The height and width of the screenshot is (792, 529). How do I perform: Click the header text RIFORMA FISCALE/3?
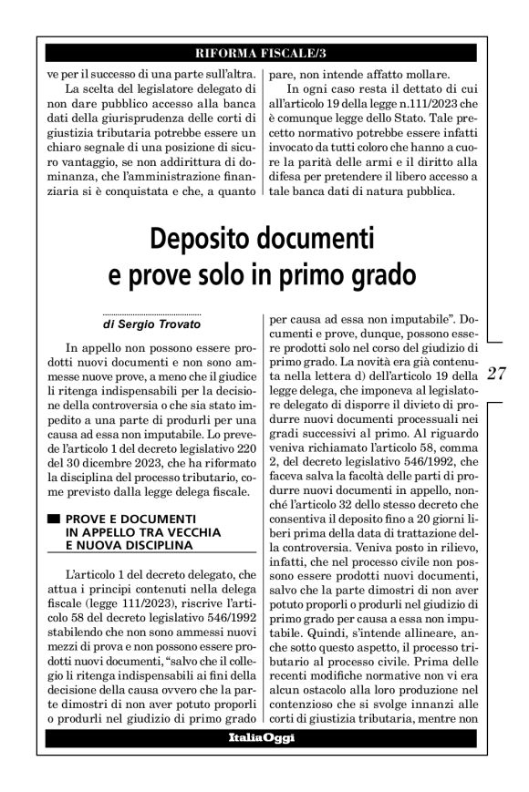pos(264,51)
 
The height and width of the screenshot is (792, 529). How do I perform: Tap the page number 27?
pos(498,373)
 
